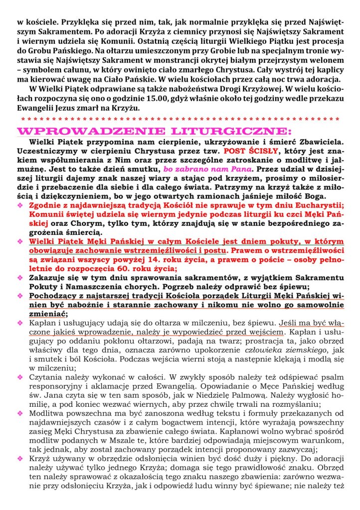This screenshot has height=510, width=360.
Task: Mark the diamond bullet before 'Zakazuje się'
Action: [x=20, y=278]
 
